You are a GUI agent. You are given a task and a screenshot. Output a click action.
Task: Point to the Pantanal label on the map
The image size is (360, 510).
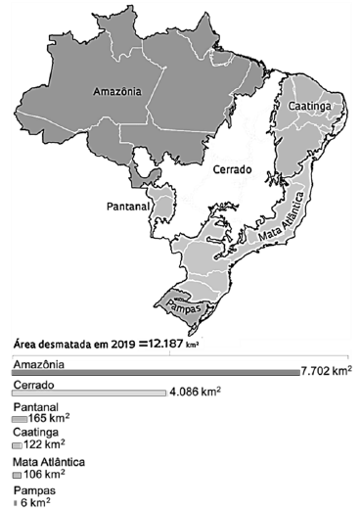[x=127, y=208]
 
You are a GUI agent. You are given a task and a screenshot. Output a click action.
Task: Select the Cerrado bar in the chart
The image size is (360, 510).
[x=88, y=394]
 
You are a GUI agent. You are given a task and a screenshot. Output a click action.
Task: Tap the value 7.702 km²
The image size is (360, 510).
[x=326, y=372]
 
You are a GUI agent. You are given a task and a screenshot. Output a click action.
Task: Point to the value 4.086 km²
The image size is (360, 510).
[x=195, y=393]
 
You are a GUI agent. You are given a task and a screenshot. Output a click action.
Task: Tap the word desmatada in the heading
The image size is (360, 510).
[x=65, y=345]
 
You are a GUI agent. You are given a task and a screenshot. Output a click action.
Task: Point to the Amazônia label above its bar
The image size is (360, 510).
[x=38, y=363]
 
